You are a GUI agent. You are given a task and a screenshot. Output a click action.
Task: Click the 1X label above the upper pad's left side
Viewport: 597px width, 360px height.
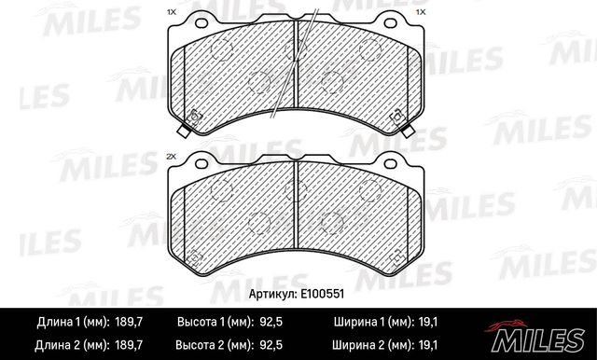tap(170, 12)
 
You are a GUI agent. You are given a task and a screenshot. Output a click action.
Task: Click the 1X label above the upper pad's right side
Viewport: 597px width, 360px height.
tap(421, 12)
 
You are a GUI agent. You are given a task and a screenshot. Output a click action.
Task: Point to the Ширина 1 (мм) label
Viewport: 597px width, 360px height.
tap(368, 323)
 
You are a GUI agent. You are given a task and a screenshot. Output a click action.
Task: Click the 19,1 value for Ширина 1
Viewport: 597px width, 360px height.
tap(428, 323)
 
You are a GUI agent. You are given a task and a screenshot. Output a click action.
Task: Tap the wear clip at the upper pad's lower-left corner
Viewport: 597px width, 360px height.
tap(195, 118)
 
